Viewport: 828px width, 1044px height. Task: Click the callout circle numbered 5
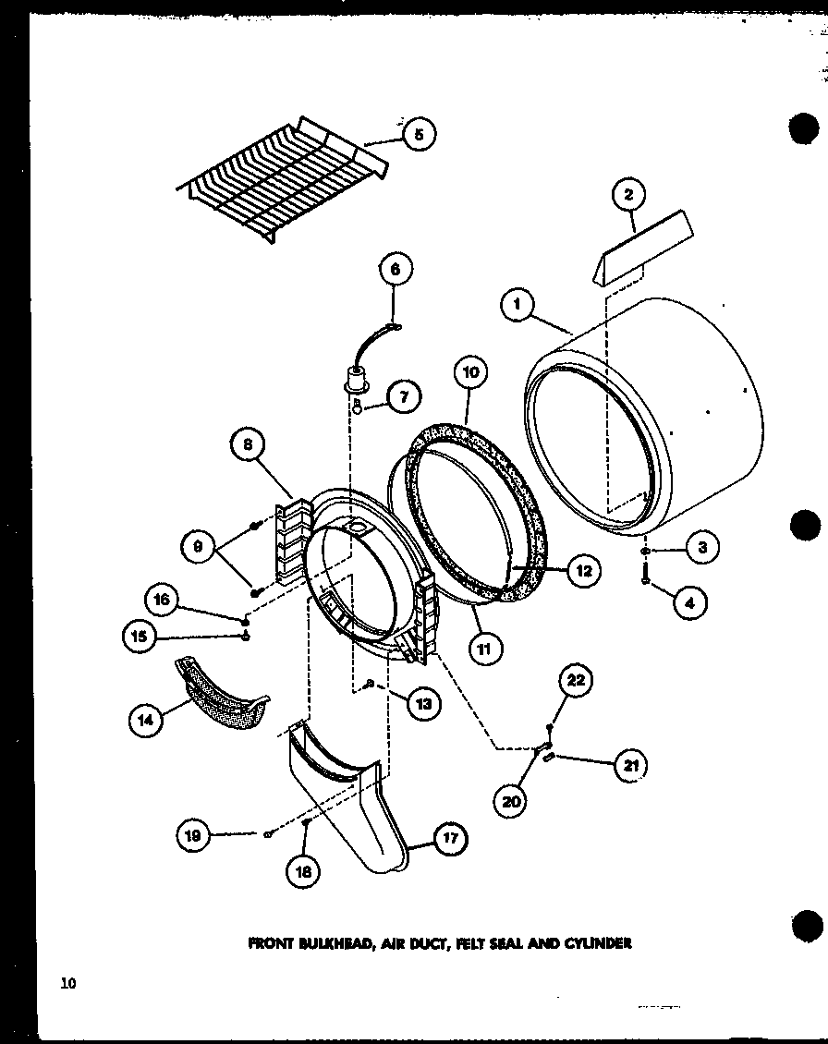(x=418, y=134)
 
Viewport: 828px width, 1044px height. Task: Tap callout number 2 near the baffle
(x=628, y=195)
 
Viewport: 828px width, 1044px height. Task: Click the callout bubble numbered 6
(x=395, y=270)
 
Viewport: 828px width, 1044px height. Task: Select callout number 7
(x=404, y=397)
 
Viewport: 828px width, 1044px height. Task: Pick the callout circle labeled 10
(x=470, y=373)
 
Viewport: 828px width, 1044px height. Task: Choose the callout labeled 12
(x=584, y=571)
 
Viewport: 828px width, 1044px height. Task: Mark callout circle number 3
(x=702, y=547)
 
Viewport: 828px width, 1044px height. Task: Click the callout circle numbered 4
(x=689, y=604)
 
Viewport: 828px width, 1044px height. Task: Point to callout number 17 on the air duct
(x=450, y=840)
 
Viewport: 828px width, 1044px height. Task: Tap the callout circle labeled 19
(x=194, y=836)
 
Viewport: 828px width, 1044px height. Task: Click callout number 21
(x=631, y=764)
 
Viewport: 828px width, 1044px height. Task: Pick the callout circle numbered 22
(x=575, y=681)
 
